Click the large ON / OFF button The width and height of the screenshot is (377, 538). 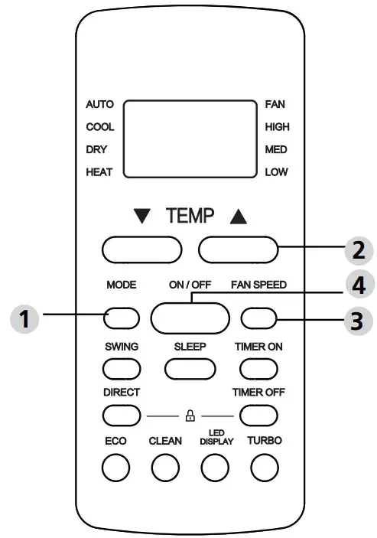(190, 317)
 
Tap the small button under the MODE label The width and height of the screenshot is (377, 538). (122, 316)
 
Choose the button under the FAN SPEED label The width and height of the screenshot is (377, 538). (258, 317)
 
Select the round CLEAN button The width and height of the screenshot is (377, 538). (164, 467)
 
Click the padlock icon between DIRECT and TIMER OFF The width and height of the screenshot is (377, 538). (190, 416)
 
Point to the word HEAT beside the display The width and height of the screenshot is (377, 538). (99, 172)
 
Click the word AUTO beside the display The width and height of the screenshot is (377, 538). (99, 104)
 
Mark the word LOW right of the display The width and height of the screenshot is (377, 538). (276, 172)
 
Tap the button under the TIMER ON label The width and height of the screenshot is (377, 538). (258, 368)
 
